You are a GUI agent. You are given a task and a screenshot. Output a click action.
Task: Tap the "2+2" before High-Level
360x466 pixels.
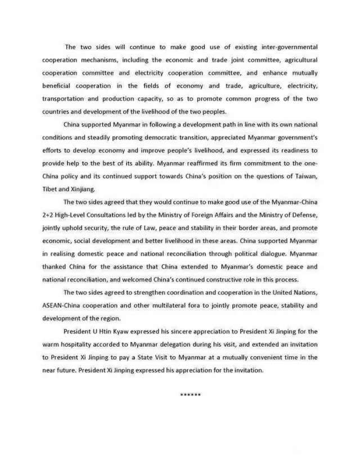(50, 216)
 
